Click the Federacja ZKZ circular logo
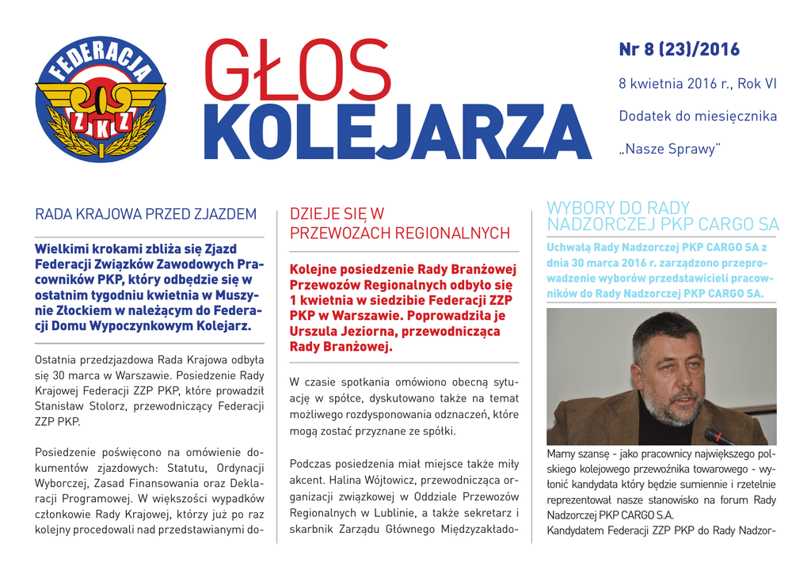[100, 99]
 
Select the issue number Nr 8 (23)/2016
[679, 50]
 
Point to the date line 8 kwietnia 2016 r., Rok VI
[697, 83]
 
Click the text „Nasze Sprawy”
[669, 149]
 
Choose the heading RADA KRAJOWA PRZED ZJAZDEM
[147, 214]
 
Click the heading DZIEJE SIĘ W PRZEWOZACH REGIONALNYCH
[399, 223]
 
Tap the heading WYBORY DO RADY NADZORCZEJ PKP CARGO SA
[662, 215]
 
